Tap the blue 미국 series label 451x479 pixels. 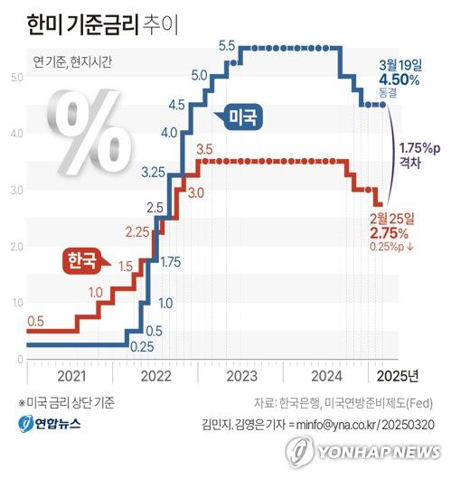tap(241, 117)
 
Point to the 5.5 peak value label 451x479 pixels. tap(227, 45)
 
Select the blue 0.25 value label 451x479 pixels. tap(141, 346)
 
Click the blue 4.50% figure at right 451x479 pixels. tap(399, 79)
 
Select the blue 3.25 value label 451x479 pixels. tap(153, 171)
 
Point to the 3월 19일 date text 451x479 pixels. tap(399, 63)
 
